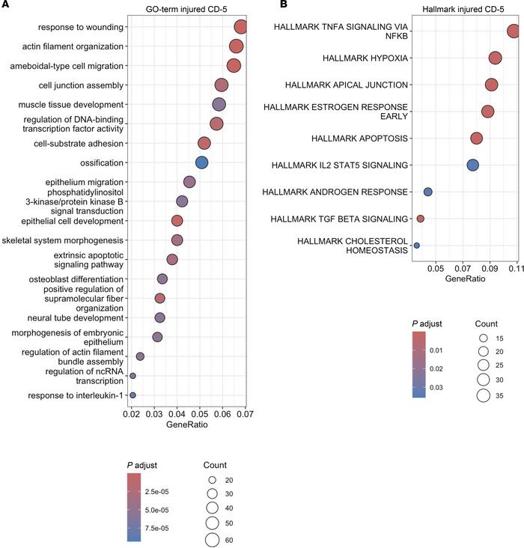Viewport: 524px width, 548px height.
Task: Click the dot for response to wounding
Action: (240, 27)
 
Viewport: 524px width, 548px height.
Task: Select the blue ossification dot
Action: (201, 162)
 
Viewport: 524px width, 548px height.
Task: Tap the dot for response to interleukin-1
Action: (132, 395)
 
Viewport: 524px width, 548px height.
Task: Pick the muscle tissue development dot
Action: (219, 105)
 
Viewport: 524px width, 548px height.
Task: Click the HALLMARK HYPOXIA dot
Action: (496, 58)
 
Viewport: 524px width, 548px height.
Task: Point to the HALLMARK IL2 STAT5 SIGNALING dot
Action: (472, 165)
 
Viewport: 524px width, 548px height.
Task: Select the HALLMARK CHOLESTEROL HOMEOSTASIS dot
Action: (416, 246)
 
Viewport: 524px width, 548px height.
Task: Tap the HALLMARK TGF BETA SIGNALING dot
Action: (420, 219)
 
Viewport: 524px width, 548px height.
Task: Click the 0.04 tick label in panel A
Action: (177, 415)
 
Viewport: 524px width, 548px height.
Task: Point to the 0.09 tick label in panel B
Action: (490, 269)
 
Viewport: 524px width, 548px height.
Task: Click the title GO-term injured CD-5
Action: (186, 10)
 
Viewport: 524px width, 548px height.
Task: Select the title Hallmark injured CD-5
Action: (463, 10)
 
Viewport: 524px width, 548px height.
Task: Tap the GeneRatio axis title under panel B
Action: (465, 278)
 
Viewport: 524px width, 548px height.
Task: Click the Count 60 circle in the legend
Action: (212, 540)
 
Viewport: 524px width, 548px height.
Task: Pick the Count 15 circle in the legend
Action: (484, 338)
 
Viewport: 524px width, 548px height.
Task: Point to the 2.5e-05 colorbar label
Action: (156, 492)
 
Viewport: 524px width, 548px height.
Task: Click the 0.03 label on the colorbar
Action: (436, 388)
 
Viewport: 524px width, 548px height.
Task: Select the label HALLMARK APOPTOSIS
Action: (359, 138)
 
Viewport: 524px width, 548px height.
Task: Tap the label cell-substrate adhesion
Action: (79, 144)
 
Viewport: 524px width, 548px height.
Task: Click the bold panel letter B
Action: (284, 4)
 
